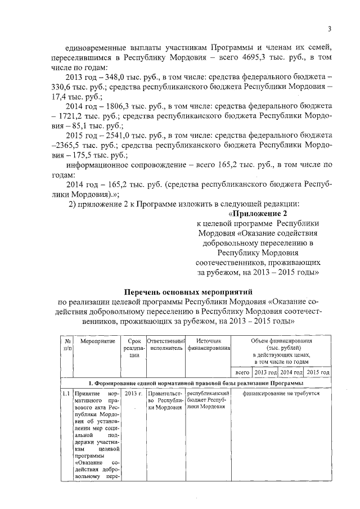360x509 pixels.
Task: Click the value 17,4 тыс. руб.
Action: click(x=80, y=96)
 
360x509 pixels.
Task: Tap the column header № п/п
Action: click(x=67, y=345)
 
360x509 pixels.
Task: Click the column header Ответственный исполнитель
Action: click(x=165, y=344)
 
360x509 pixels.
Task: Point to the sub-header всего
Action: click(x=242, y=372)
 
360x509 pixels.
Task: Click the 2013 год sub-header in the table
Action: click(x=265, y=372)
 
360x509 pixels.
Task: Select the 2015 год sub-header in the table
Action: click(x=318, y=372)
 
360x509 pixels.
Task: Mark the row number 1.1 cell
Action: click(x=67, y=394)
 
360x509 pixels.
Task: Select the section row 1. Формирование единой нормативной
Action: click(x=197, y=383)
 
